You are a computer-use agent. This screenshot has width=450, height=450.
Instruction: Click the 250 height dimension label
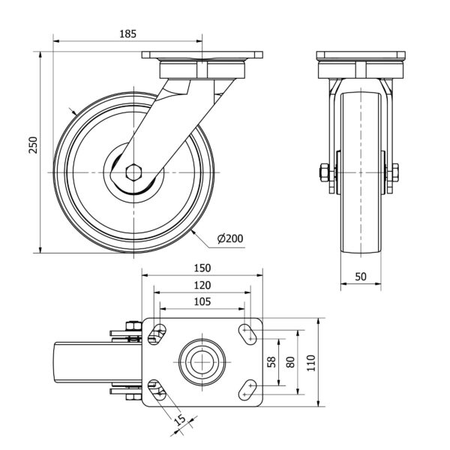[32, 145]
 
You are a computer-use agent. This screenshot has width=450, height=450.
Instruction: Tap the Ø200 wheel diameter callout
[229, 239]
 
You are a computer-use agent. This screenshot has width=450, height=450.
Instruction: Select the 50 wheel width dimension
[361, 277]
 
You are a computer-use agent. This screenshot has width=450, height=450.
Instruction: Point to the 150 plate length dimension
[202, 268]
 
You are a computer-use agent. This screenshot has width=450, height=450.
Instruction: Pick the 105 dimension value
[201, 301]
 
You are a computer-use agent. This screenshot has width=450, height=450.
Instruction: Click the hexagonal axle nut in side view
[133, 172]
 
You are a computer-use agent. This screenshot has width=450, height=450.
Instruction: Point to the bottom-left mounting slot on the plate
[156, 390]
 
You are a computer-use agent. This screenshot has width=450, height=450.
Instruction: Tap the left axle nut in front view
[323, 172]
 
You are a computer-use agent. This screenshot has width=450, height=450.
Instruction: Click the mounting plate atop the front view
[361, 56]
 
